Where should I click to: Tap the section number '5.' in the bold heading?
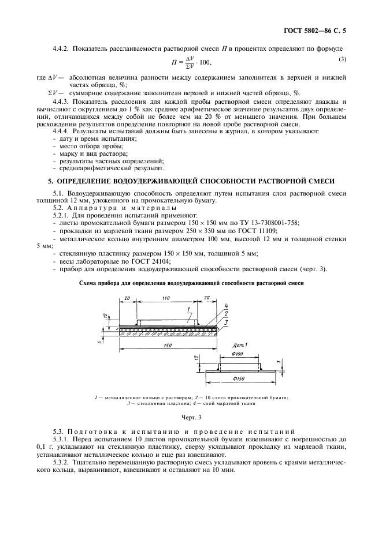click(x=50, y=181)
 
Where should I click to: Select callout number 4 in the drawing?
click(x=227, y=306)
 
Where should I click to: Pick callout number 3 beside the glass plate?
click(x=227, y=321)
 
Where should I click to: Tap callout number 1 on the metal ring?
click(x=189, y=310)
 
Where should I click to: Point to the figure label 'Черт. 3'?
click(x=191, y=417)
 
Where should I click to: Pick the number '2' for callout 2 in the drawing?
click(x=227, y=313)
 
